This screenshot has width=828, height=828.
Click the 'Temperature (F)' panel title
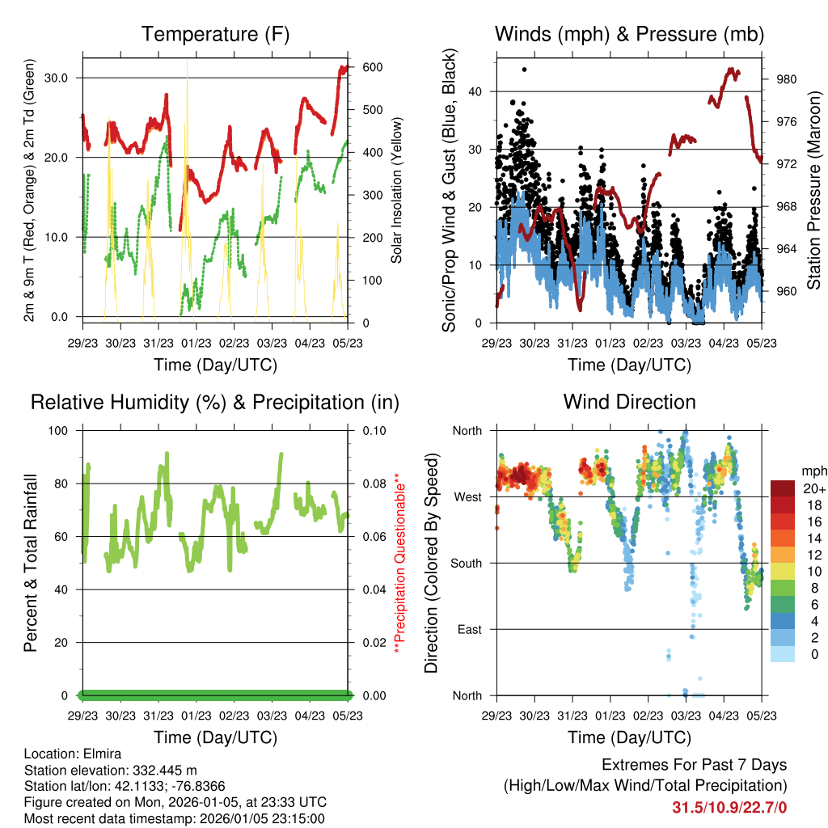(215, 34)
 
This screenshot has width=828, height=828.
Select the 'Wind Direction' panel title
(629, 402)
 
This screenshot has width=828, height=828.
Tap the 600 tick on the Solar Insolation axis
(365, 67)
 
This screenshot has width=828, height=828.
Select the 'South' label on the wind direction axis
(466, 563)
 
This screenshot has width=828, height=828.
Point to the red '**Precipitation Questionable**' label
(397, 563)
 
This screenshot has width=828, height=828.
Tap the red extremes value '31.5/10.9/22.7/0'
(729, 807)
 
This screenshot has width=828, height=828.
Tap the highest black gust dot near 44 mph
(524, 70)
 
